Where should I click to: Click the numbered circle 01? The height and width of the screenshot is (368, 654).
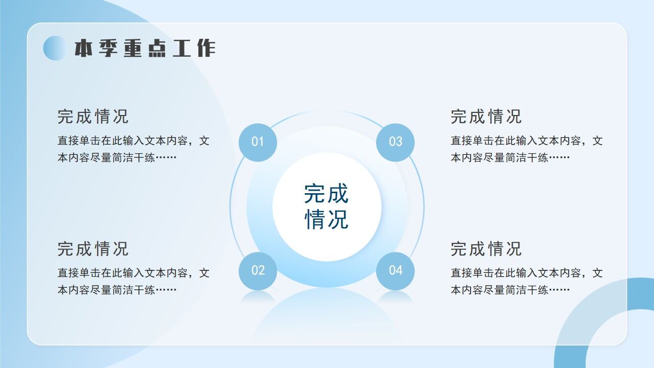point(258,142)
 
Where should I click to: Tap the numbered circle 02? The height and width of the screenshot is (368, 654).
point(258,270)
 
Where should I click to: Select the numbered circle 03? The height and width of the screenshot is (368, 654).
point(395,142)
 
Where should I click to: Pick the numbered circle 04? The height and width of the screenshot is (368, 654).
point(395,270)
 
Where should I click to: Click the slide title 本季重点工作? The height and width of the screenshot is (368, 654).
point(145,48)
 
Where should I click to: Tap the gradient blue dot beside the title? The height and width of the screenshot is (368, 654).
point(55,48)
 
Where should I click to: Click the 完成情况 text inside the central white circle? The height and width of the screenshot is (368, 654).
point(326,206)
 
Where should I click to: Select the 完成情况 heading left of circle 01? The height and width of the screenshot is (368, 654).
point(93,117)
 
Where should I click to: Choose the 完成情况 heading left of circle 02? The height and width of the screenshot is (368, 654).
point(93,249)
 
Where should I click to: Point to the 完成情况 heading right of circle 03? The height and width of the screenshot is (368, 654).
point(486,117)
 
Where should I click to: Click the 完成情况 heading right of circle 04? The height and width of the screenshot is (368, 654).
point(486,249)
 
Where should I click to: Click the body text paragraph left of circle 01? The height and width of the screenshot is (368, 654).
point(133,149)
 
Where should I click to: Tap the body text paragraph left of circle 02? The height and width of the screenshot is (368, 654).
point(133,281)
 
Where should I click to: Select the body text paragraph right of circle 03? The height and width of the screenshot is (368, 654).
point(526,149)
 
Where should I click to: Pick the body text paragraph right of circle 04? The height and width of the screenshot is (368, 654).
point(526,281)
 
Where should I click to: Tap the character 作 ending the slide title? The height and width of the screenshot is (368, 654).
point(205,48)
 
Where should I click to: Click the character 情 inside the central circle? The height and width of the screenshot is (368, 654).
point(315,219)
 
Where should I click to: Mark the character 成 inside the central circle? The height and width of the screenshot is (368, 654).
point(338,194)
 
